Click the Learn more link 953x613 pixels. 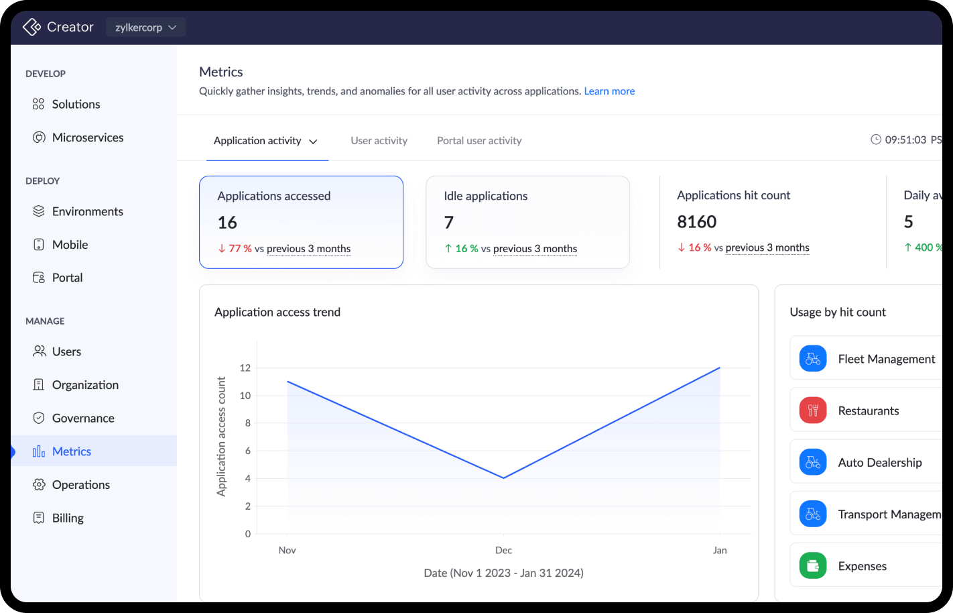(x=609, y=91)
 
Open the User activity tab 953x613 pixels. (x=379, y=141)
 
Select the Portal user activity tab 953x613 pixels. (x=479, y=141)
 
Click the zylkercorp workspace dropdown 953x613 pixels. (x=145, y=27)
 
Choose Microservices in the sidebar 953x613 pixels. (x=87, y=137)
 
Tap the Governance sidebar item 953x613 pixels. (x=82, y=419)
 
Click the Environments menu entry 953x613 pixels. (x=87, y=212)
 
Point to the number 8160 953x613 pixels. (x=696, y=222)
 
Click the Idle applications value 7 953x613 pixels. (x=449, y=223)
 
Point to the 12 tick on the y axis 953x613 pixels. (x=245, y=368)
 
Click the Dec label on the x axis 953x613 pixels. (x=503, y=550)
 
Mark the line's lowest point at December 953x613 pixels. (x=503, y=478)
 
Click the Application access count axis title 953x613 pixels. (x=221, y=437)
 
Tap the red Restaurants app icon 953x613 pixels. (x=812, y=410)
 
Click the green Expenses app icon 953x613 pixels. (x=812, y=565)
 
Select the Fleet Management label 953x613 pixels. (x=886, y=359)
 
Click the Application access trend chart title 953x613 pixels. (x=277, y=313)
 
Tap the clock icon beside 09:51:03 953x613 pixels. (x=875, y=140)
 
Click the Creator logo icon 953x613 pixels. (x=31, y=27)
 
